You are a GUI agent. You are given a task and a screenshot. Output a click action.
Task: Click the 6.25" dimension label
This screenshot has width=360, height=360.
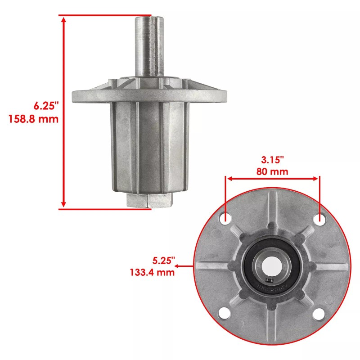(x=47, y=107)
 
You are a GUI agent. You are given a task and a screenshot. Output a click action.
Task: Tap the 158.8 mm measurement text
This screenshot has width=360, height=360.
(x=34, y=119)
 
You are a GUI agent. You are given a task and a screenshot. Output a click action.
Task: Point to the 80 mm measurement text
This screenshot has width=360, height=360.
(x=273, y=171)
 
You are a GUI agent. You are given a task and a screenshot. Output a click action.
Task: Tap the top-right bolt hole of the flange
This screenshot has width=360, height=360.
(x=320, y=219)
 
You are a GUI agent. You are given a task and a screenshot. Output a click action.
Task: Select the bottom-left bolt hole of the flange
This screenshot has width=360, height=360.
(x=226, y=313)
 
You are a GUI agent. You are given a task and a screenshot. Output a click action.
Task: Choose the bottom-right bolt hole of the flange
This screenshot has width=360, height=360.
(x=320, y=313)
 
